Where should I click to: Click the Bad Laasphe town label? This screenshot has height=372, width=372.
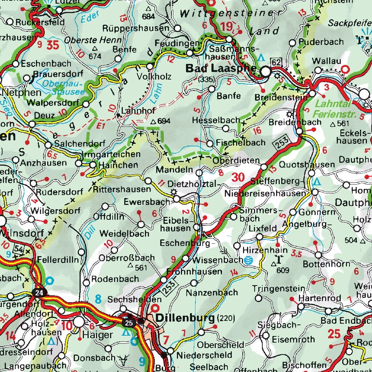(x=221, y=68)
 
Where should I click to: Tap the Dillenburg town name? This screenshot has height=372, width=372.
(x=185, y=319)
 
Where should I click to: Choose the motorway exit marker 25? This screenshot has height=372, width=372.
(x=128, y=322)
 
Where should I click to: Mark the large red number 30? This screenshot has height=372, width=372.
(x=238, y=177)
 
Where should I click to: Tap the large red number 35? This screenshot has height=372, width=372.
(x=52, y=45)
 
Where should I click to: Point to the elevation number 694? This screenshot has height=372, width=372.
(x=163, y=122)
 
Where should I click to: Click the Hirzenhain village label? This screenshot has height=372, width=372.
(x=260, y=250)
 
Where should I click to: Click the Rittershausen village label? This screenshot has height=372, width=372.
(x=122, y=189)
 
